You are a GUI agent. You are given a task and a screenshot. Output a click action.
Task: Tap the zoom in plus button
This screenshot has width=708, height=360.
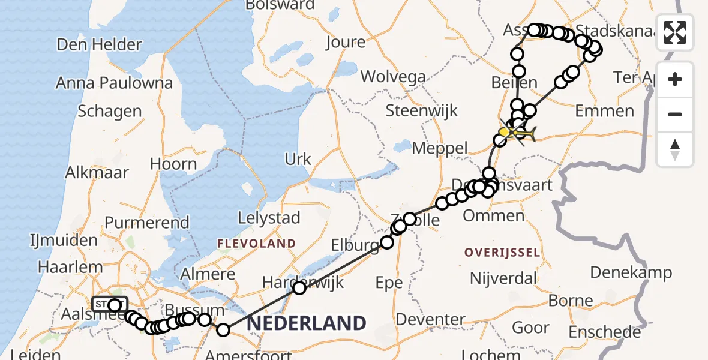(x=675, y=80)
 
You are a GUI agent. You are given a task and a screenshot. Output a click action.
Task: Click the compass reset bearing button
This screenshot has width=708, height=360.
(x=675, y=149)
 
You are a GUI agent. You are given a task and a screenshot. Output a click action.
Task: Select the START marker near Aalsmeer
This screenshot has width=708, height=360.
(x=110, y=304)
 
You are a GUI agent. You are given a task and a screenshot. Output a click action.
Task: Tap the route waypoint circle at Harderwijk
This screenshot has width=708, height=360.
(x=299, y=288)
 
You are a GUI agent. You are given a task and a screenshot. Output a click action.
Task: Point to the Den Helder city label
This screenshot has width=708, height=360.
(x=100, y=44)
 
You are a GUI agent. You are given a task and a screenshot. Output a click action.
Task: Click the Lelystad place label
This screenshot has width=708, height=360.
(x=269, y=218)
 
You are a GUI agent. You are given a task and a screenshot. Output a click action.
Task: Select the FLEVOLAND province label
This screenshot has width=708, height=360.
(x=257, y=244)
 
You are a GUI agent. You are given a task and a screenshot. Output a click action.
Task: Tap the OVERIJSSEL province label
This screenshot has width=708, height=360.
(x=502, y=252)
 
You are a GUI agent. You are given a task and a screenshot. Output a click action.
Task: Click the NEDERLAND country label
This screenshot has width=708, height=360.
(x=306, y=323)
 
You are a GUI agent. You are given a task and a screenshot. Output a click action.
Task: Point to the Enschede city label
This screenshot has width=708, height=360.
(x=604, y=332)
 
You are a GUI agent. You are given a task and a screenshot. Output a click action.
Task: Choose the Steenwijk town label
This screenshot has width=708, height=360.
(x=422, y=110)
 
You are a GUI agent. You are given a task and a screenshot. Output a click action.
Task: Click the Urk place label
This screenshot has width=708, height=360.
(x=298, y=159)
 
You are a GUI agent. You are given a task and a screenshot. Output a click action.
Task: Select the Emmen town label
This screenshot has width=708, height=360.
(x=604, y=111)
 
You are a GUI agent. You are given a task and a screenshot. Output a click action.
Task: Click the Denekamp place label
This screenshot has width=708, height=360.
(x=631, y=272)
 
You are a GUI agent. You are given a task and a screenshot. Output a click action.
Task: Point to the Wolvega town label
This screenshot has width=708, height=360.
(x=393, y=77)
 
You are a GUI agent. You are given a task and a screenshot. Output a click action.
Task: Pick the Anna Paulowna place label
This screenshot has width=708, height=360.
(x=114, y=83)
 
